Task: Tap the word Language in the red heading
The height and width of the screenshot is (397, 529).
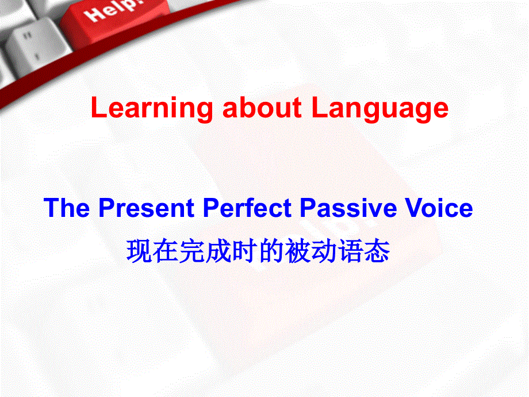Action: (x=379, y=109)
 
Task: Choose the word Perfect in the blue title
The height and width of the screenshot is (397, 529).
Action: (x=247, y=208)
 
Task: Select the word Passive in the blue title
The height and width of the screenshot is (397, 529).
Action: (x=345, y=208)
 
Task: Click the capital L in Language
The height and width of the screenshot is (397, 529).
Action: (x=318, y=108)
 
